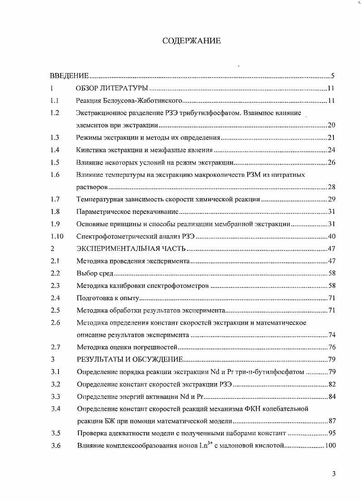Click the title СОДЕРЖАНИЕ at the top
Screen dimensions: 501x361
tap(192, 41)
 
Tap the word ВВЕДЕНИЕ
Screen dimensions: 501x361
tap(69, 76)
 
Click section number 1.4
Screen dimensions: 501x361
tap(55, 150)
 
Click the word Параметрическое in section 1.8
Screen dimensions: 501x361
tap(103, 211)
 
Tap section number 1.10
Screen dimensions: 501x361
tap(57, 236)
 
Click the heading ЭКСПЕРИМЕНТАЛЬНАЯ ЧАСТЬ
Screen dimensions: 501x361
tap(132, 248)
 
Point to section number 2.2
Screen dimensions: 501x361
tap(55, 273)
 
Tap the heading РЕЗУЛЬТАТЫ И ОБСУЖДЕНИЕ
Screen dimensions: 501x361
tap(130, 360)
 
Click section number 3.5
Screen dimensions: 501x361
tap(56, 433)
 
